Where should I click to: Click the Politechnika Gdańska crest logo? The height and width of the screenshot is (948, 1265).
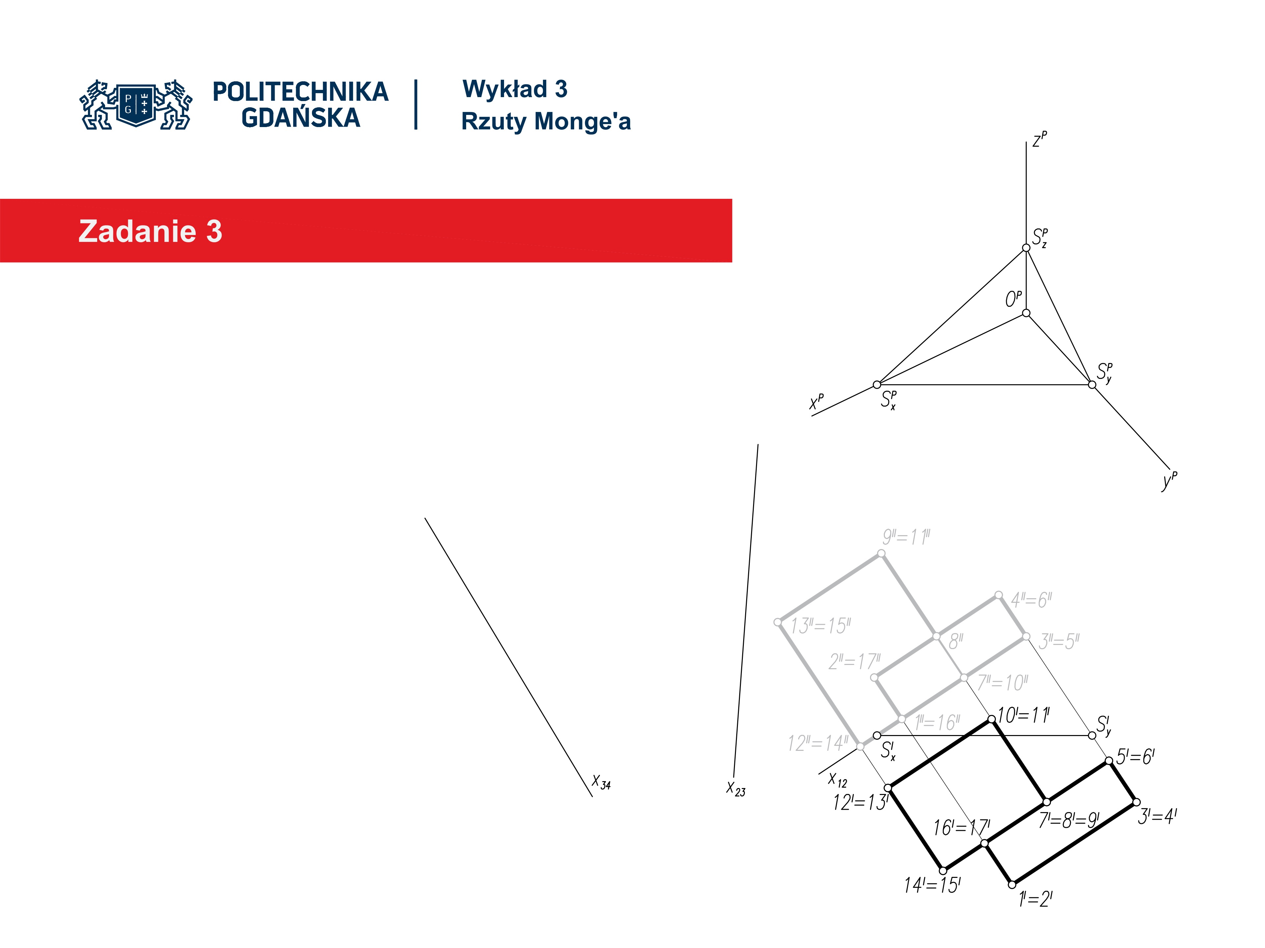pyautogui.click(x=136, y=105)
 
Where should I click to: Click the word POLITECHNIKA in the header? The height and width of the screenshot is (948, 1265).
pyautogui.click(x=300, y=92)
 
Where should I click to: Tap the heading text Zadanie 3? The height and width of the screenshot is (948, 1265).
pyautogui.click(x=150, y=231)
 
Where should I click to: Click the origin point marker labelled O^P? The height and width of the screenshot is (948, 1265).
pyautogui.click(x=1026, y=313)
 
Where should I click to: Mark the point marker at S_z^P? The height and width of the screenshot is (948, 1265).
pyautogui.click(x=1026, y=248)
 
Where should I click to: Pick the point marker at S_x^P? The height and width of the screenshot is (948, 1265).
pyautogui.click(x=877, y=384)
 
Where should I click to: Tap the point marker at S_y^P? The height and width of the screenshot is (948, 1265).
pyautogui.click(x=1092, y=384)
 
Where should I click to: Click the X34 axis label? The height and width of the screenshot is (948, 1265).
pyautogui.click(x=601, y=782)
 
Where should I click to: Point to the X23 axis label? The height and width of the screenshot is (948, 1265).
pyautogui.click(x=735, y=789)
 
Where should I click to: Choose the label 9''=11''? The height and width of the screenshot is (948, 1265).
pyautogui.click(x=906, y=537)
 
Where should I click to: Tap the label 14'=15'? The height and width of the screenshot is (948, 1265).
pyautogui.click(x=932, y=886)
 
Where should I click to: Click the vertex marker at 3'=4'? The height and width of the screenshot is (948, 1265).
pyautogui.click(x=1136, y=802)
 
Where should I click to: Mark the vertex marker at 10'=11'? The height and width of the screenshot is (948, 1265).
pyautogui.click(x=992, y=720)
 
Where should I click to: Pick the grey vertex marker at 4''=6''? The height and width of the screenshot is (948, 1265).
pyautogui.click(x=998, y=595)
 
